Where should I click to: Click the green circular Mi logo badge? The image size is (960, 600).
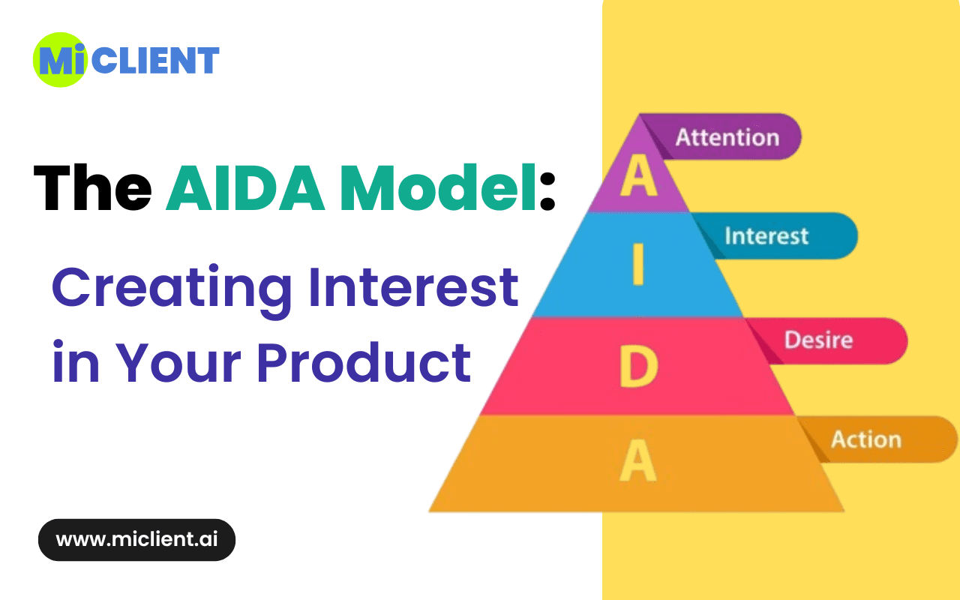click(61, 60)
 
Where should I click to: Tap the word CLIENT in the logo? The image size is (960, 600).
click(155, 60)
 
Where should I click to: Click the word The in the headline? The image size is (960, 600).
click(92, 187)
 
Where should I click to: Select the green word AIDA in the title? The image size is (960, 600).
click(245, 187)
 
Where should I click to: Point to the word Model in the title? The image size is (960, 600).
click(438, 187)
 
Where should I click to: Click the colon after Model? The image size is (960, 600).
click(547, 191)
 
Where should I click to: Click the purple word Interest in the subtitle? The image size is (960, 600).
click(414, 286)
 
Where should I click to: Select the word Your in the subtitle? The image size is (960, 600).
click(178, 362)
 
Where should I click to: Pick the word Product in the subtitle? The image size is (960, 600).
click(364, 362)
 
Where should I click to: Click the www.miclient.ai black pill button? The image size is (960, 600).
click(136, 539)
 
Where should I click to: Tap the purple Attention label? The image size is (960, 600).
click(727, 137)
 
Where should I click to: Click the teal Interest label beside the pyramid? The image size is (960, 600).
click(766, 235)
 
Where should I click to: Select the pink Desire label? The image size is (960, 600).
click(818, 340)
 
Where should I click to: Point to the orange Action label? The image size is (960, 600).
click(866, 439)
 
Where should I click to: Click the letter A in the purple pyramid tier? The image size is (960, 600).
click(638, 176)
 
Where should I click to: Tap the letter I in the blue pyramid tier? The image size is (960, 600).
click(638, 264)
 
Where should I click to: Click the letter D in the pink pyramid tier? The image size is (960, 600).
click(638, 367)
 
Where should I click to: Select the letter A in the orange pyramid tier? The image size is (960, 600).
click(638, 460)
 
